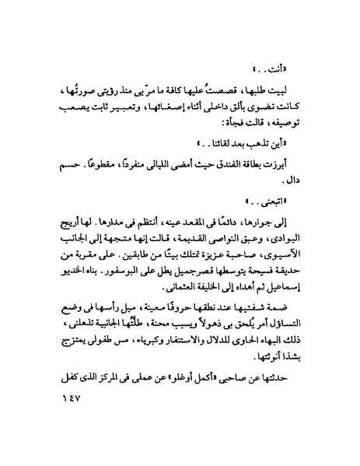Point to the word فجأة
pos(214,122)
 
